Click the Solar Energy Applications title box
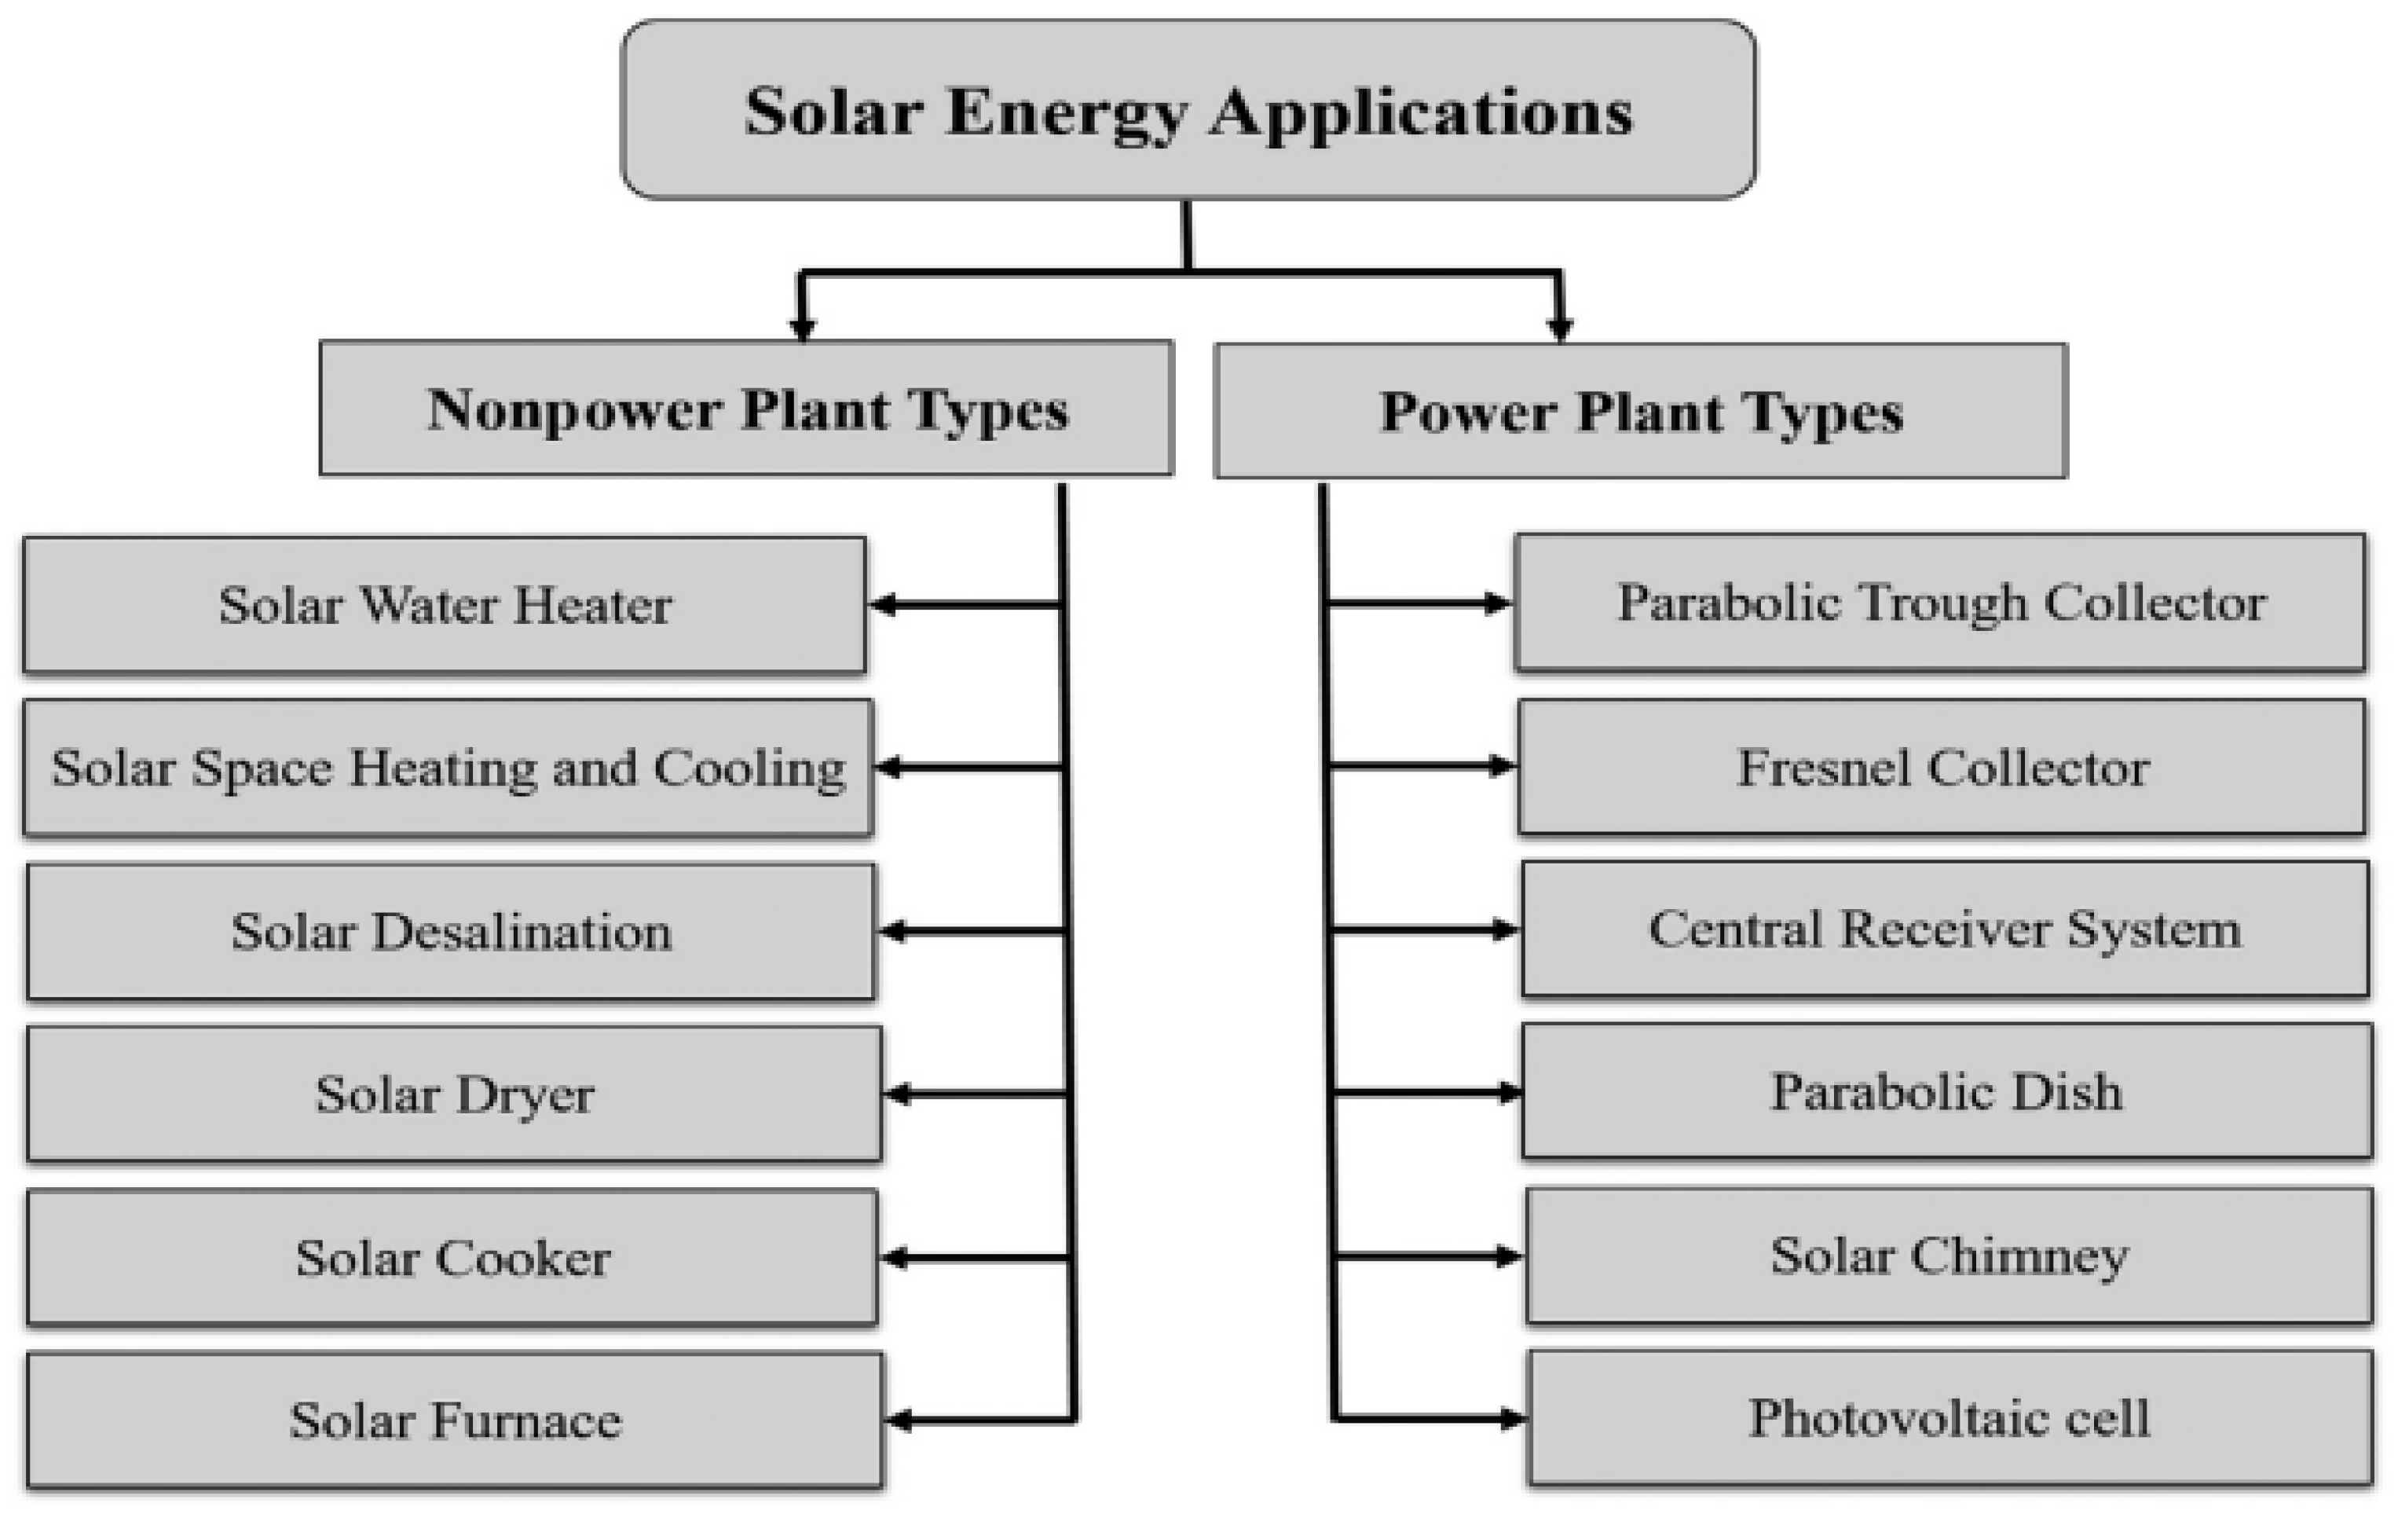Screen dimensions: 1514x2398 [x=1188, y=109]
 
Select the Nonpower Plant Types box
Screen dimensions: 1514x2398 [x=746, y=409]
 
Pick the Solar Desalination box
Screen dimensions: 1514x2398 [x=450, y=931]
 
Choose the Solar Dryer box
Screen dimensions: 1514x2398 [x=454, y=1094]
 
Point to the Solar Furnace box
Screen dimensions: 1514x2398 [x=454, y=1420]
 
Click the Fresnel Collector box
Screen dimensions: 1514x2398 [x=1942, y=767]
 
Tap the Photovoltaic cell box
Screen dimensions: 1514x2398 [x=1949, y=1417]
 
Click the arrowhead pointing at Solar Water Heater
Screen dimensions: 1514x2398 [x=882, y=605]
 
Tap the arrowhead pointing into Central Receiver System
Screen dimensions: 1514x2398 [x=1503, y=930]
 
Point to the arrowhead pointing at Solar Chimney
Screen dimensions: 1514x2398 [x=1508, y=1257]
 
